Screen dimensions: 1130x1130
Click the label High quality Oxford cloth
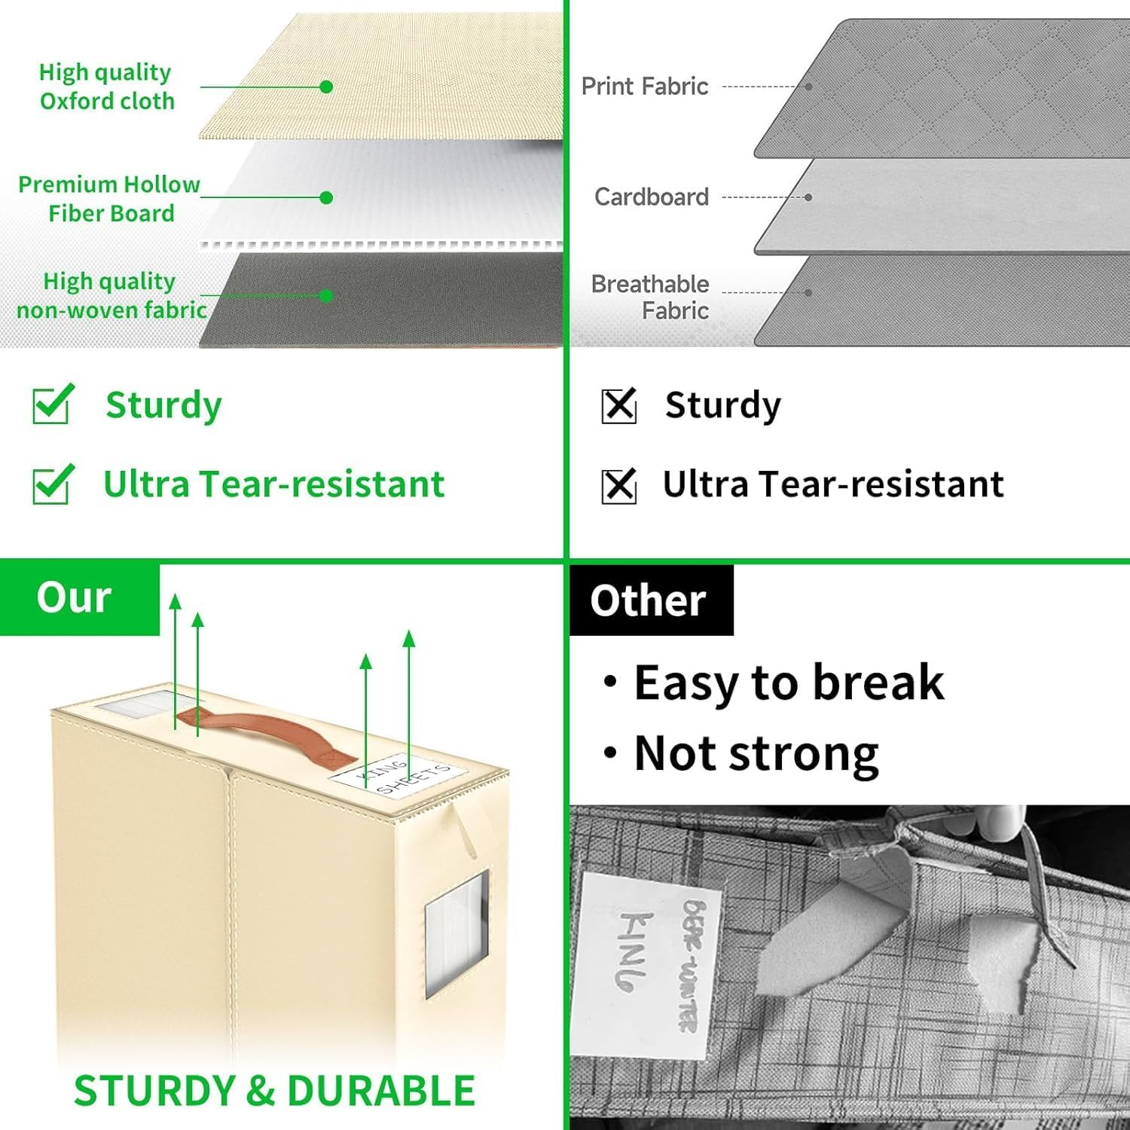(106, 87)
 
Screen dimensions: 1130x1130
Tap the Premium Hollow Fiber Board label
(110, 199)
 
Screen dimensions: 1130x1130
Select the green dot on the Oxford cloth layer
(326, 87)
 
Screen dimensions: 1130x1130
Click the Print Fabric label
(645, 87)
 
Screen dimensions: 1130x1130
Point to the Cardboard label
(652, 197)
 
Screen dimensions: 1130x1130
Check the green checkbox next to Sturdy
(52, 405)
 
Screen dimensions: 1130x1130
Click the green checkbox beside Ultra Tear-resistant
(52, 484)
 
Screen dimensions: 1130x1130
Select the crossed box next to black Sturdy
(619, 406)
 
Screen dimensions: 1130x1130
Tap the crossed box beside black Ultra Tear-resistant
(619, 485)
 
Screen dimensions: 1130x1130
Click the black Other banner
(649, 601)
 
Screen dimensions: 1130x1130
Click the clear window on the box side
(457, 934)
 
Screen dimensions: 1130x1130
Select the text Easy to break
(787, 683)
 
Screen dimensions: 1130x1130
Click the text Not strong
(756, 753)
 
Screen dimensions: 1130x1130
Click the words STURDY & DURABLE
(275, 1091)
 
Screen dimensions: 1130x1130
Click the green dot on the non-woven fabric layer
(326, 295)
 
